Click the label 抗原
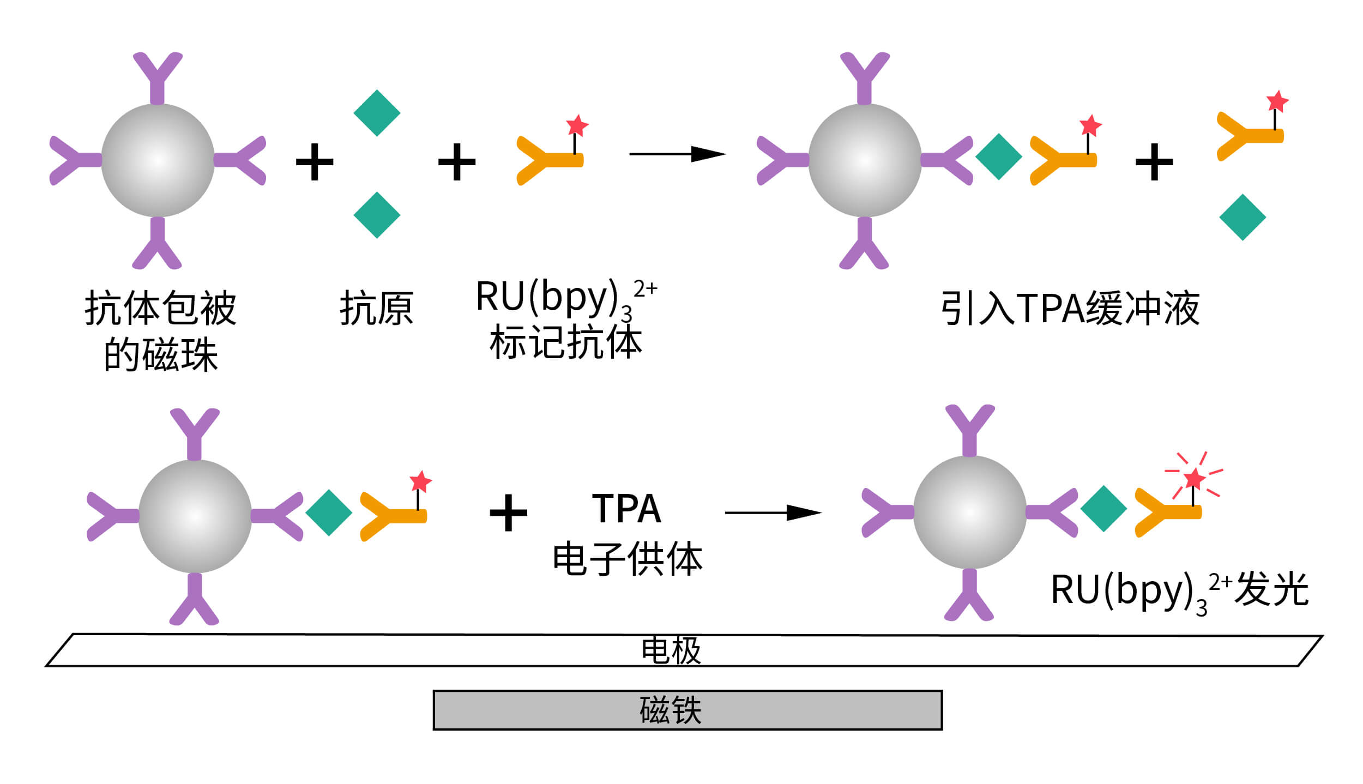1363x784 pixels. (376, 309)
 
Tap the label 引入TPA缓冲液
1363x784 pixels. (1070, 309)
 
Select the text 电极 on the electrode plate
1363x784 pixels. (671, 650)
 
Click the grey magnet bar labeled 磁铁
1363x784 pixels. (687, 710)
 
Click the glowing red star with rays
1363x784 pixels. (1194, 479)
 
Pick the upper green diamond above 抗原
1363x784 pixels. (377, 113)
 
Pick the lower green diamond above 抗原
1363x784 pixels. (377, 215)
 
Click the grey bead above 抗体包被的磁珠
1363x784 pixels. (158, 160)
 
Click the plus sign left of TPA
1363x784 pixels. (508, 512)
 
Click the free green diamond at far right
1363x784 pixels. (1242, 217)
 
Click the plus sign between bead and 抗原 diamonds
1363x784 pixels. (315, 162)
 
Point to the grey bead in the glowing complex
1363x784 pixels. (969, 512)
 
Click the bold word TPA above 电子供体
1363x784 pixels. (626, 509)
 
